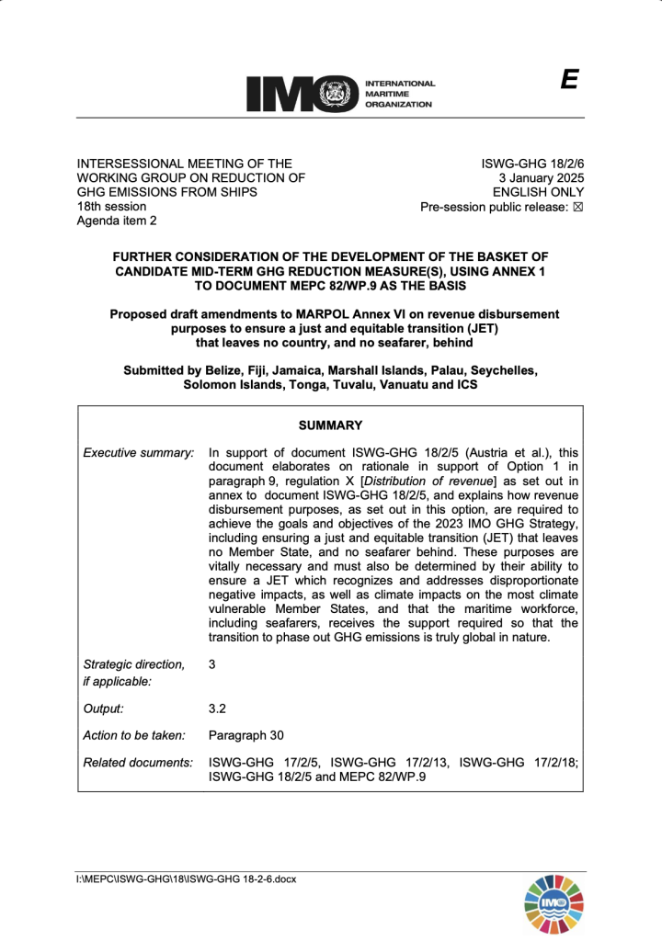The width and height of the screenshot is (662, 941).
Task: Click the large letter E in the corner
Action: (x=569, y=80)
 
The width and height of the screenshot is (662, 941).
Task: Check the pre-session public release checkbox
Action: (x=578, y=207)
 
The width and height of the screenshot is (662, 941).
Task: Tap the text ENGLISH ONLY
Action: (x=538, y=192)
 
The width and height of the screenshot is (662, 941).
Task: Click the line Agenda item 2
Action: (x=117, y=221)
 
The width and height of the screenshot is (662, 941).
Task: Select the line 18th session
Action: (x=111, y=207)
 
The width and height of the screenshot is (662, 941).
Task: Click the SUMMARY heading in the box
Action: (x=330, y=425)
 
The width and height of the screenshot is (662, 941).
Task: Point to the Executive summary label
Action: (x=138, y=452)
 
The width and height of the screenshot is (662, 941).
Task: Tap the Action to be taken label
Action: (x=134, y=735)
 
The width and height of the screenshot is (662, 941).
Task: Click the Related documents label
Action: (x=138, y=762)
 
